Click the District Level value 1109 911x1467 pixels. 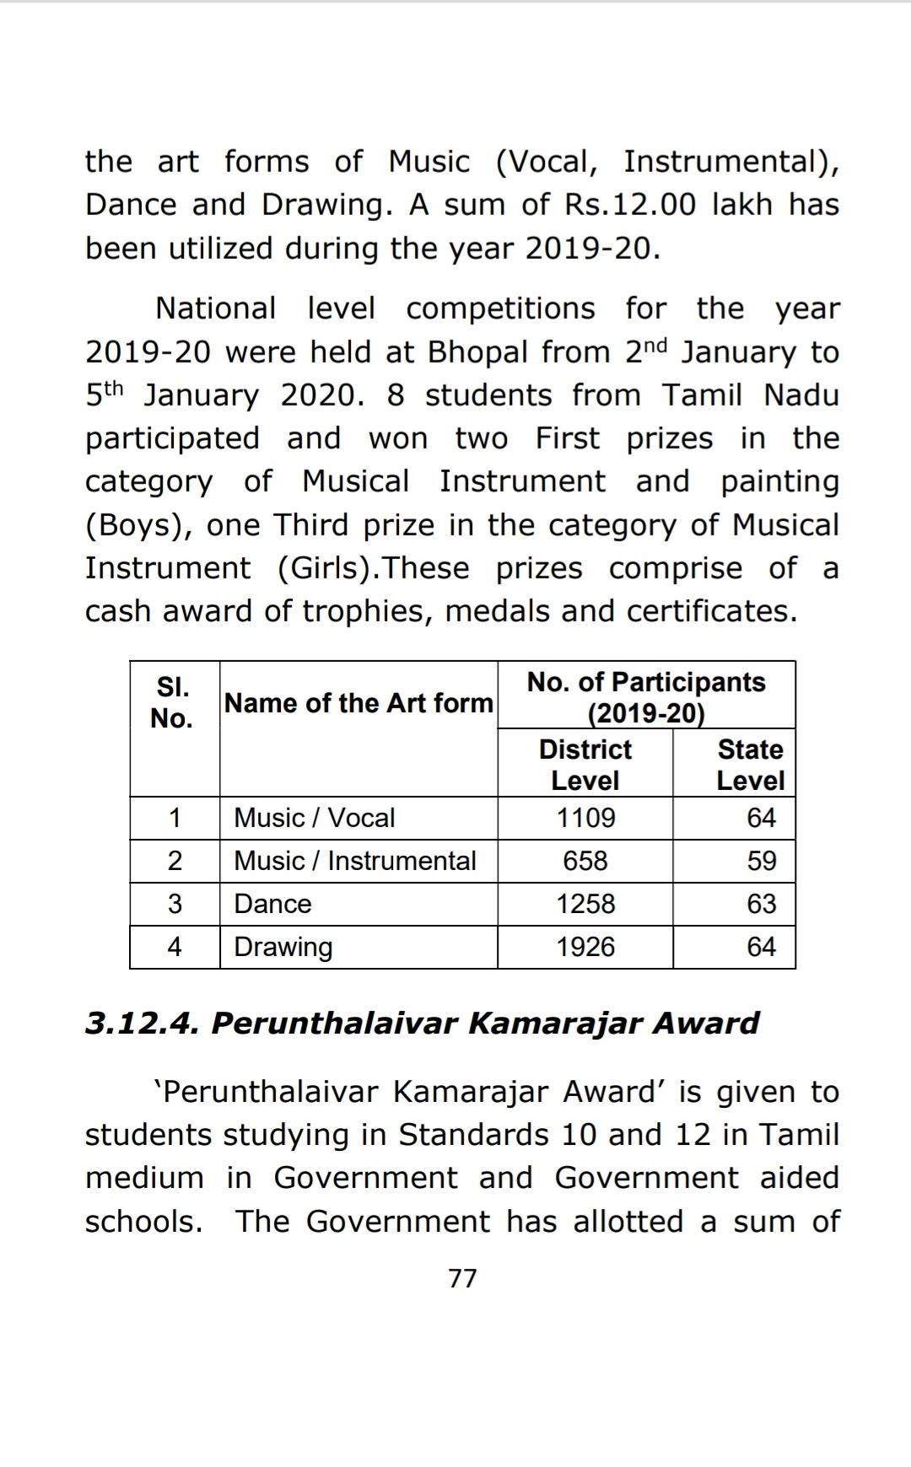click(x=585, y=818)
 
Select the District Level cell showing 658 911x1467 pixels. click(x=585, y=861)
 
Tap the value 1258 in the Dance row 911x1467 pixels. click(x=585, y=904)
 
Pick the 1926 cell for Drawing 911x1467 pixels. click(x=585, y=947)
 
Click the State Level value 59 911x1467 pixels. click(x=761, y=861)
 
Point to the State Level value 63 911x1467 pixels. click(x=761, y=904)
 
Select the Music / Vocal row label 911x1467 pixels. click(x=314, y=818)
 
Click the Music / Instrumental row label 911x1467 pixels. click(x=354, y=861)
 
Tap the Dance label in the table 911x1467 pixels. click(x=272, y=904)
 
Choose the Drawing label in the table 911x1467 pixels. click(x=283, y=948)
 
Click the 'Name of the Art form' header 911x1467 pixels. click(x=358, y=702)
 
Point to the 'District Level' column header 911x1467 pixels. click(x=585, y=764)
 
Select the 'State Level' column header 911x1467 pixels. click(x=750, y=764)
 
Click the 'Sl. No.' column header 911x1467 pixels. click(x=172, y=702)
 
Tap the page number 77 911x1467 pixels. click(x=462, y=1278)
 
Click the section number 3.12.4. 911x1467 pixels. click(x=141, y=1023)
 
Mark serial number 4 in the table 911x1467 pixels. click(x=175, y=947)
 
